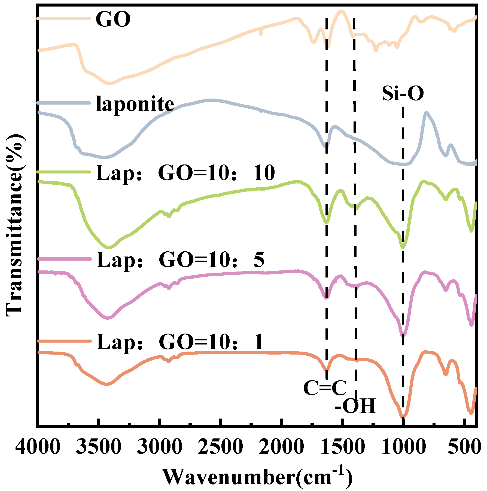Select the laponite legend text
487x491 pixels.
point(135,104)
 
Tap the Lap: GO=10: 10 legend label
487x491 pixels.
point(185,173)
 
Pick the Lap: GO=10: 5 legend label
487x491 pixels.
point(180,260)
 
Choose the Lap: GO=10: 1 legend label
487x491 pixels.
point(180,342)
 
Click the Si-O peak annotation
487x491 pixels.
point(403,94)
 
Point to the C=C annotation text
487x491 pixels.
point(325,388)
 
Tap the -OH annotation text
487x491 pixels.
point(355,406)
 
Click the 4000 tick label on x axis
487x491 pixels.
point(38,447)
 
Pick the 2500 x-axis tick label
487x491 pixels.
point(220,447)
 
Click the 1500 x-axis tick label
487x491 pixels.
point(343,447)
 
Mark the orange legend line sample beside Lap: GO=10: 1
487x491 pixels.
point(64,341)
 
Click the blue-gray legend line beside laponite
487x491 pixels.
point(64,103)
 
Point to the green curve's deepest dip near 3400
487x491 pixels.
point(109,247)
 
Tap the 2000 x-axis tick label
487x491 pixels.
point(281,447)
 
